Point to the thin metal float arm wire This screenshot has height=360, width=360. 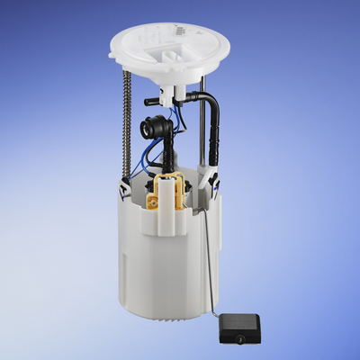(x=208, y=270)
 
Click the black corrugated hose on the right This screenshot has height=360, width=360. (x=214, y=144)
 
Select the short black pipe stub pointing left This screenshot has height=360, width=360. (x=151, y=103)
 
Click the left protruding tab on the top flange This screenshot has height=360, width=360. (x=113, y=57)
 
